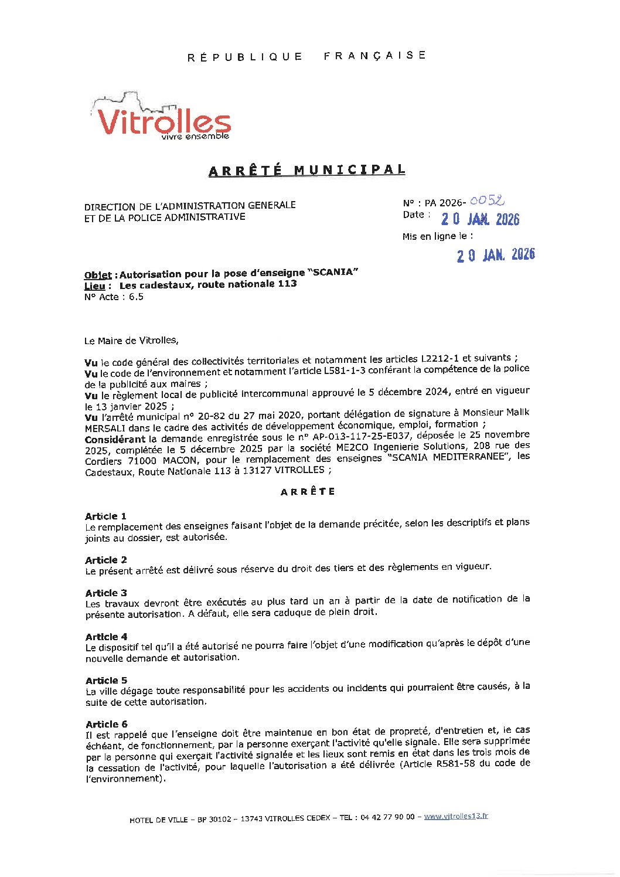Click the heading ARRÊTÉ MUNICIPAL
[306, 171]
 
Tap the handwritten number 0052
[487, 200]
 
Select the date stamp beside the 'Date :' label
[480, 219]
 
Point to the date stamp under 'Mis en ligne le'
[496, 254]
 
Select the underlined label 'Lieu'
[95, 285]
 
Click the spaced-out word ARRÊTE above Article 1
[308, 492]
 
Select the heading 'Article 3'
[106, 593]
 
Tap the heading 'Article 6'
[106, 724]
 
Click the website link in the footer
[456, 816]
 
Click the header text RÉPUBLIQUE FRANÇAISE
[306, 56]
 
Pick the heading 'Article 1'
[105, 516]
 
